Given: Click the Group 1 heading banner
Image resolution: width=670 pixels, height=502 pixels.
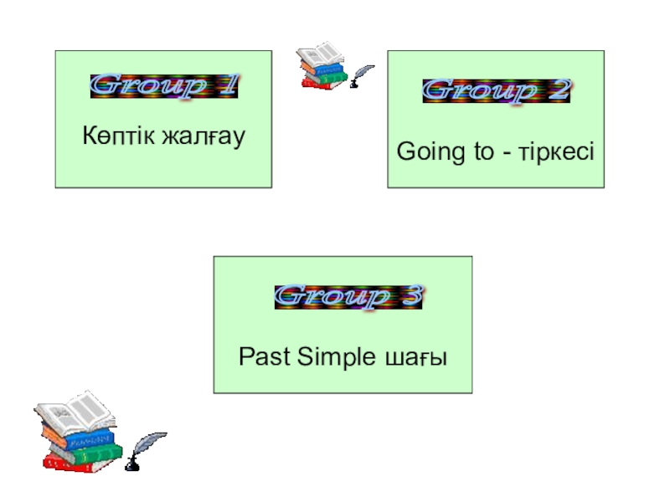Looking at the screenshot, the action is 164,85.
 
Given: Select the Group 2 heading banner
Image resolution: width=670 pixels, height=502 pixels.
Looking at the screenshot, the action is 496,91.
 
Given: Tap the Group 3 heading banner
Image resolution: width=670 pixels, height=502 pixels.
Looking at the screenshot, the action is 348,297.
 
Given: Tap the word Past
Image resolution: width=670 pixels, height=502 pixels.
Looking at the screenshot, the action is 262,357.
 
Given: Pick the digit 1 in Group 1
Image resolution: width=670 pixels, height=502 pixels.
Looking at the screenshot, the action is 229,85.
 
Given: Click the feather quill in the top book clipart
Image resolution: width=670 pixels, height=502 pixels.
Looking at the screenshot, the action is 362,76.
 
